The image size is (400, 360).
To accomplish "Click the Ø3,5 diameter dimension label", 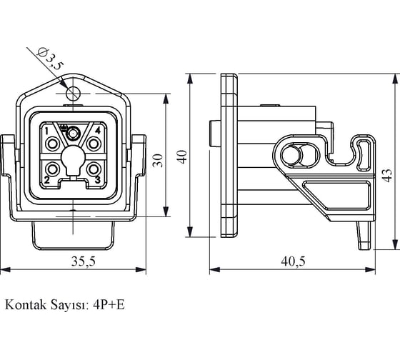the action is click(50, 59).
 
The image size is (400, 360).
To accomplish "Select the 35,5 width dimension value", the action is click(84, 261).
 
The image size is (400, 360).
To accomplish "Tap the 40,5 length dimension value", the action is click(293, 261).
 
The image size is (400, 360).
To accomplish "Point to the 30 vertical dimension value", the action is click(158, 160).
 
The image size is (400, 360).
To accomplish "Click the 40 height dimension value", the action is click(182, 157).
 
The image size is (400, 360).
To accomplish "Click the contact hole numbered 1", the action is click(53, 144).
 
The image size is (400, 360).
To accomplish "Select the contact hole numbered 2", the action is click(53, 169).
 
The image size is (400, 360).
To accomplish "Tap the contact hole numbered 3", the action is click(94, 169).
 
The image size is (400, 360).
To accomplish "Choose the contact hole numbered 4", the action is click(94, 144).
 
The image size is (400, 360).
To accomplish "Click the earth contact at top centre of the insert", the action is click(73, 133).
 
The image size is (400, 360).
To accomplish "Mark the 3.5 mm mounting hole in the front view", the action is click(73, 94).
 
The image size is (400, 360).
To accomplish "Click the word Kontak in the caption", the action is click(26, 304).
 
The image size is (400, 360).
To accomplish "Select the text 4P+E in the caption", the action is click(109, 304).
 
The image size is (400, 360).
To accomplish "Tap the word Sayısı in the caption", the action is click(70, 305).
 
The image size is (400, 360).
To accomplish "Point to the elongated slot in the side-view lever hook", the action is click(364, 155).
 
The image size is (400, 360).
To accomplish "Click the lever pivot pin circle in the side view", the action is click(291, 155).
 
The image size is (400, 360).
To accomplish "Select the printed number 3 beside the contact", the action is click(98, 180).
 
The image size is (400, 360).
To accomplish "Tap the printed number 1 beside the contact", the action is click(47, 131).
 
